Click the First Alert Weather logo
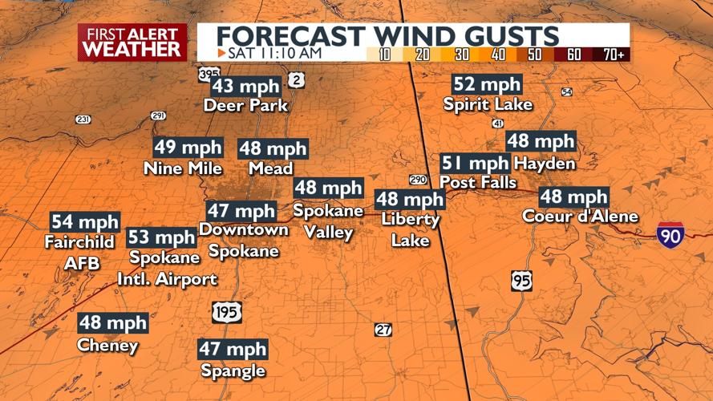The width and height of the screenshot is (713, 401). tap(132, 42)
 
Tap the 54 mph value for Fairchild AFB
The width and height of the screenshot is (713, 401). tap(85, 222)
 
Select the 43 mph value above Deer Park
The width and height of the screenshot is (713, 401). tap(245, 87)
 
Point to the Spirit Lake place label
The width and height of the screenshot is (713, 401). tap(488, 104)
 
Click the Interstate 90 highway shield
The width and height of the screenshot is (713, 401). tap(670, 234)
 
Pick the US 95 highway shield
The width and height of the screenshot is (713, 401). tap(521, 281)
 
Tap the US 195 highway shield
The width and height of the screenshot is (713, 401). tap(227, 312)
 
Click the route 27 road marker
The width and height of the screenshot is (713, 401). tap(383, 330)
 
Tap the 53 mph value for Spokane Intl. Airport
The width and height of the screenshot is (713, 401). tap(161, 237)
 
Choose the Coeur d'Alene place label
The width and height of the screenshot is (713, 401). tap(580, 217)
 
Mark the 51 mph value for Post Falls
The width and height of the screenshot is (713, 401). tap(476, 164)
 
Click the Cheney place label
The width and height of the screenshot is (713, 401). tap(107, 346)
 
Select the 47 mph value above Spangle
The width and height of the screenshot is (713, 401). tap(233, 349)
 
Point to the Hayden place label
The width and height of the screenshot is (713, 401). tap(545, 164)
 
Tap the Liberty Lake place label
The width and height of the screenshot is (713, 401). tap(410, 229)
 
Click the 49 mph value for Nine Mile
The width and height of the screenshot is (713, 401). tap(188, 148)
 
